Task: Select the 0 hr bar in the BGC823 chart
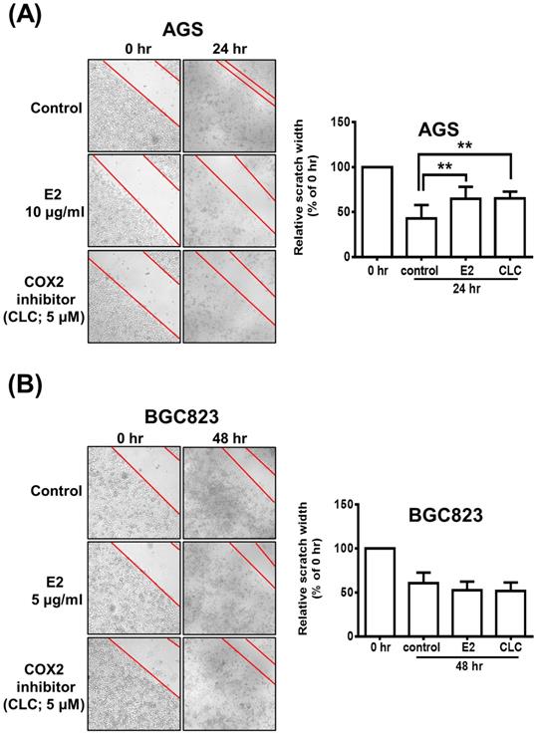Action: [x=377, y=592]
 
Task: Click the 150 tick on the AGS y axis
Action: [x=344, y=122]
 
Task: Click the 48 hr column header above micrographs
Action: [x=228, y=436]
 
